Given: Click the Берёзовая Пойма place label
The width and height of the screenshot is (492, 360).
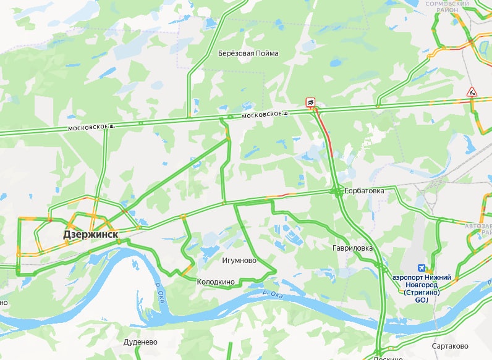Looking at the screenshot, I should [x=248, y=53].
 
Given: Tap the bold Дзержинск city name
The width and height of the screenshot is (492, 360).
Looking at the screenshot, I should [x=90, y=235].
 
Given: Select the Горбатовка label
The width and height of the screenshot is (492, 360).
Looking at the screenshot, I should [x=365, y=191].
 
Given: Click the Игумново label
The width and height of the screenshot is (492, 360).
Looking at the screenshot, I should [x=239, y=261].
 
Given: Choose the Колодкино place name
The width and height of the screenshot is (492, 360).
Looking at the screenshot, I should [x=216, y=282].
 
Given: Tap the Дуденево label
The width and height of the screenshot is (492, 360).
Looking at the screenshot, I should [x=141, y=341].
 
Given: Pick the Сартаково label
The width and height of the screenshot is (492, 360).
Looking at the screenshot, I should [x=450, y=346].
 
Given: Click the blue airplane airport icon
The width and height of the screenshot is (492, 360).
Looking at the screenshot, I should [x=422, y=268].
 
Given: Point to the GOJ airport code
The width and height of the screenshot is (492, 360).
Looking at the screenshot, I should [x=422, y=300].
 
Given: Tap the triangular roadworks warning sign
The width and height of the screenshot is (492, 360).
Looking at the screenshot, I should [x=472, y=92].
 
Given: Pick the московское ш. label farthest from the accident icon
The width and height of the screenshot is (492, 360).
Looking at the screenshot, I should [x=91, y=127].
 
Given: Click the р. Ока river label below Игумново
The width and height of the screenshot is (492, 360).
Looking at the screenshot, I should [x=272, y=294].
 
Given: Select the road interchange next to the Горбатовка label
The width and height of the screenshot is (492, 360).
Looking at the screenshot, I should [x=336, y=192].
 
